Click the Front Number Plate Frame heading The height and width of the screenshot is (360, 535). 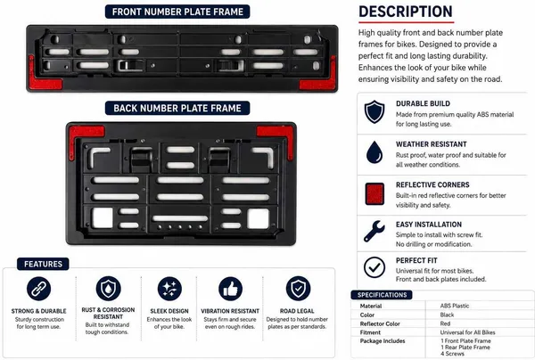tap(177, 12)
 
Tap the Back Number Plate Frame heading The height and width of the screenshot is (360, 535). tap(177, 108)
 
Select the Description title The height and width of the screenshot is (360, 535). tap(406, 12)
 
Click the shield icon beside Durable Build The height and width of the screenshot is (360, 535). tap(374, 111)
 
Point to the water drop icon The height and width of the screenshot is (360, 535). tap(374, 152)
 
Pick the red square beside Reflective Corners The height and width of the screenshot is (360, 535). tap(374, 193)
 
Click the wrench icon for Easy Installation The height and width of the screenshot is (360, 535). tap(374, 232)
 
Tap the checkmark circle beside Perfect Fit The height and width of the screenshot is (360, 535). tap(374, 267)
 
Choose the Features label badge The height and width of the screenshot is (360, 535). tap(43, 264)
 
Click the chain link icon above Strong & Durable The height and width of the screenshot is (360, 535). tap(39, 289)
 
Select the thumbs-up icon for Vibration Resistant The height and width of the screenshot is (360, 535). tap(231, 289)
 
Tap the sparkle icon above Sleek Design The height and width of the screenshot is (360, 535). tap(169, 289)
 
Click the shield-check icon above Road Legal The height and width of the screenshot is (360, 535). tap(298, 289)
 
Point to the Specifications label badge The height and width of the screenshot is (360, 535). tap(382, 295)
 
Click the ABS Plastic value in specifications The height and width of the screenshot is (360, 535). tap(455, 306)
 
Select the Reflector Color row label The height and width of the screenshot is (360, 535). tap(380, 323)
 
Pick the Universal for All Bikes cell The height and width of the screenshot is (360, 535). tap(467, 332)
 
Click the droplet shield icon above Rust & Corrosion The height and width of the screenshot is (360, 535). tap(109, 289)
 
